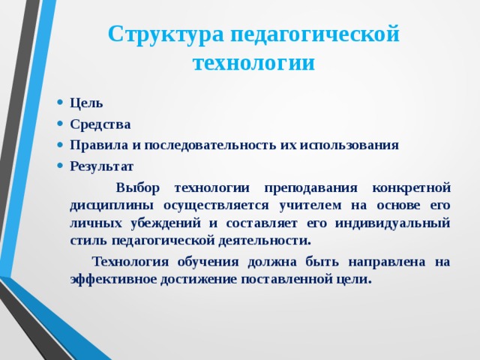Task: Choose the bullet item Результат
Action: click(x=101, y=166)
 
